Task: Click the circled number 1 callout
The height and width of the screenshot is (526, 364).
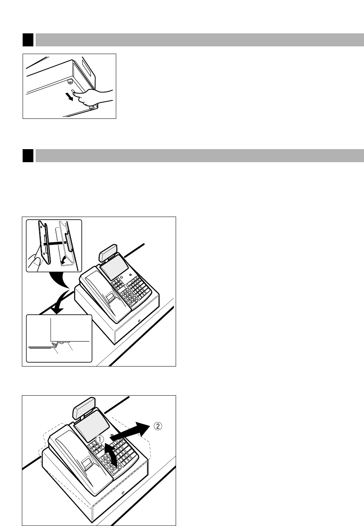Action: (x=100, y=439)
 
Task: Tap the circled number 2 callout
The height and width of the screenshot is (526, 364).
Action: (x=158, y=426)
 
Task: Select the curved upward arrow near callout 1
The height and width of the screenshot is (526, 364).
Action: (x=111, y=454)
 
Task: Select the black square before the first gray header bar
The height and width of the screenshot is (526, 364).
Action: (x=28, y=40)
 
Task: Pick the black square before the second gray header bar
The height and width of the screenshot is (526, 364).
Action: (x=28, y=155)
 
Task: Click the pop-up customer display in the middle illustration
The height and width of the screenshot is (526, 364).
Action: (x=108, y=252)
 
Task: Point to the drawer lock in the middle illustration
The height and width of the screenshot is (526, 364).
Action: (x=139, y=321)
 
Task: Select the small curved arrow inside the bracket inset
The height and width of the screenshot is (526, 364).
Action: (x=63, y=260)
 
